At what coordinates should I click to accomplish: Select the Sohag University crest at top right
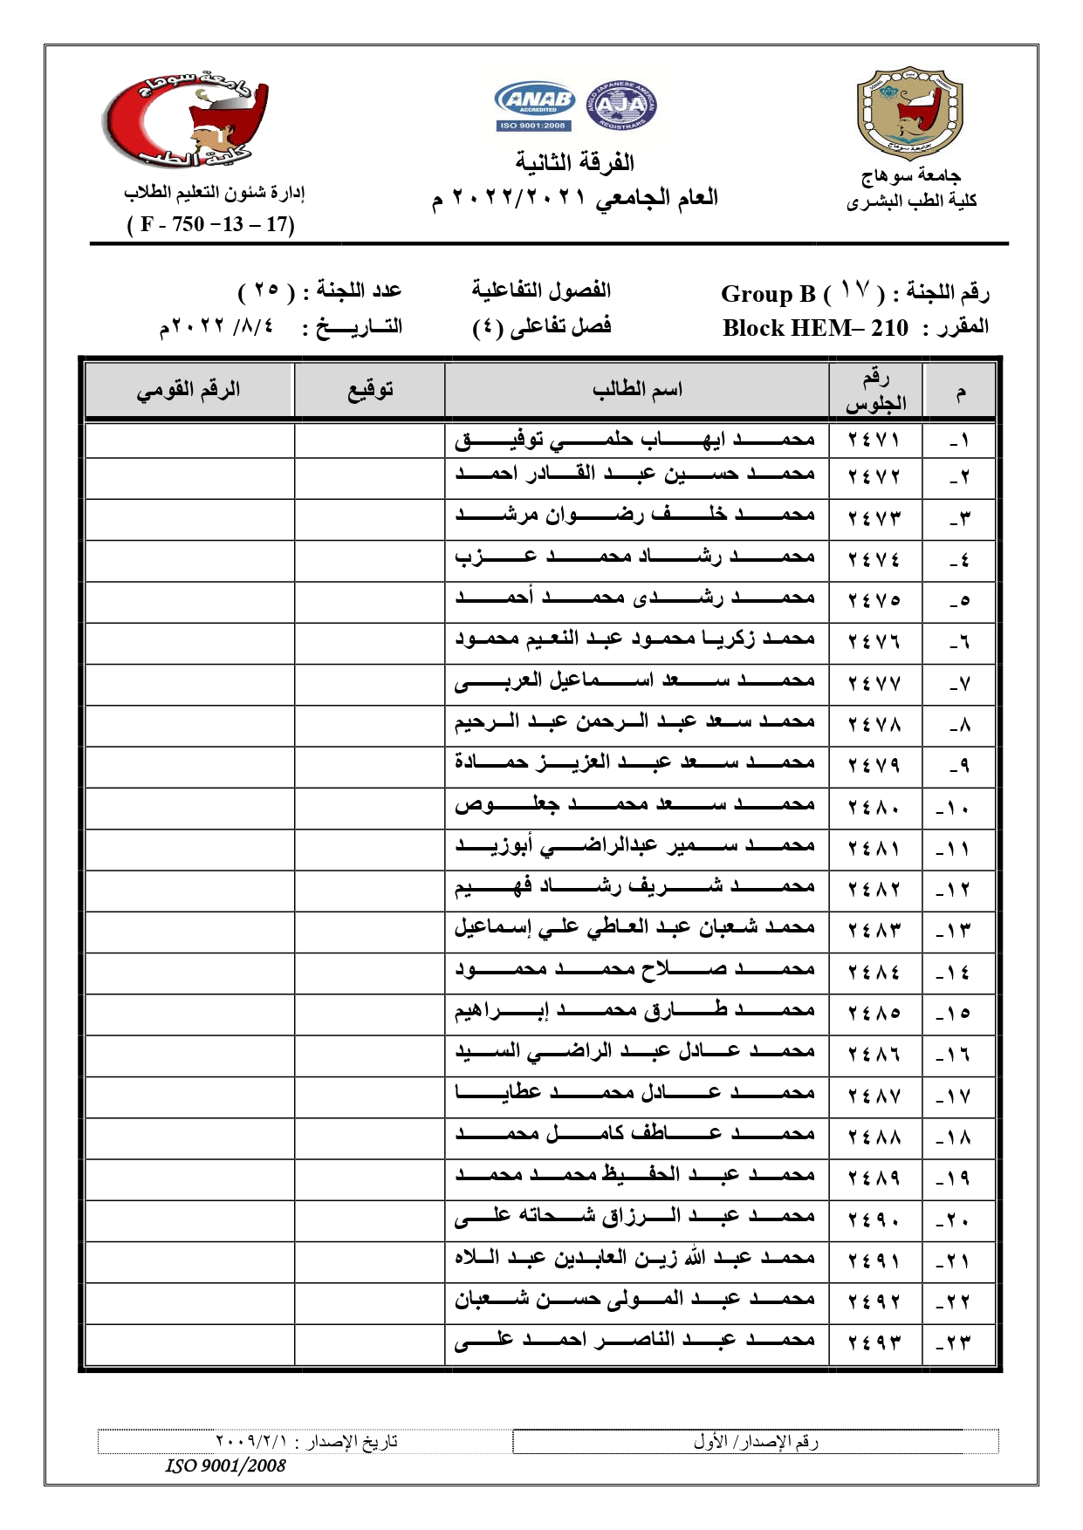tap(909, 114)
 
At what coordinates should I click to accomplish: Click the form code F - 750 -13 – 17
tap(211, 225)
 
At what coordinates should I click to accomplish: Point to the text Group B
tap(767, 294)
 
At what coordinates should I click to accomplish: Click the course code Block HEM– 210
tap(815, 329)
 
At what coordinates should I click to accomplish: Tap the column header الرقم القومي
tap(188, 390)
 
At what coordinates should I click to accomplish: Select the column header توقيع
tap(370, 390)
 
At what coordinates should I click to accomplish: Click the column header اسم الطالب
tap(637, 390)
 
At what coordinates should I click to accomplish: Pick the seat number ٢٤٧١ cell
tap(874, 441)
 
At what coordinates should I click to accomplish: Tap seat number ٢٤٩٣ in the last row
tap(874, 1343)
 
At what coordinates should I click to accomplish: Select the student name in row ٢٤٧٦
tap(634, 640)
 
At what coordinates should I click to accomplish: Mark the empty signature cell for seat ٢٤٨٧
tap(370, 1096)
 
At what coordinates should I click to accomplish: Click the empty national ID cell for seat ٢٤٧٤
tap(188, 558)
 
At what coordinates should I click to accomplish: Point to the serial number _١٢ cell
tap(958, 891)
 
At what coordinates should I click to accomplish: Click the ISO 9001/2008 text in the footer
tap(226, 1466)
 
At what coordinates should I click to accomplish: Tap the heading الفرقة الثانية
tap(574, 163)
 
